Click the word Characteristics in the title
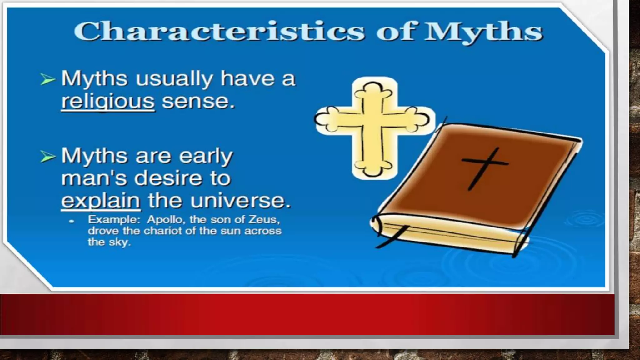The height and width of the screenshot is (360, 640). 219,31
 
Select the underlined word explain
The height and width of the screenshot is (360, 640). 101,201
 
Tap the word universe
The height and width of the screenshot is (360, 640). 240,200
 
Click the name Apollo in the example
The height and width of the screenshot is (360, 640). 166,220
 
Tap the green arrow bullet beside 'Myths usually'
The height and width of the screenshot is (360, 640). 47,79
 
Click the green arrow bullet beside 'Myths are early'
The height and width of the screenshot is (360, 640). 47,157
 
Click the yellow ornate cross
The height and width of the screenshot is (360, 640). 374,128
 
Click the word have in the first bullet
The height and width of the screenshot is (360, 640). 247,78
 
